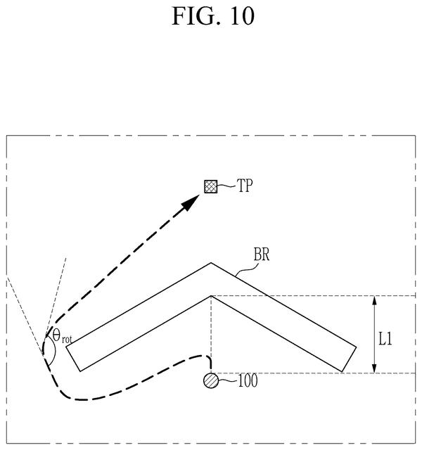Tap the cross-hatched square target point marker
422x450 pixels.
click(x=211, y=186)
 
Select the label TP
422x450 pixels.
click(x=245, y=186)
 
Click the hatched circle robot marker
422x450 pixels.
click(x=211, y=380)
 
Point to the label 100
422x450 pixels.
click(x=248, y=381)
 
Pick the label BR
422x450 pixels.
click(x=262, y=255)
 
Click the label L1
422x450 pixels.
click(x=385, y=339)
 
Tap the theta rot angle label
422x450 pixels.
click(x=62, y=336)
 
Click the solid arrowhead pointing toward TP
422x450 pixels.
click(x=191, y=202)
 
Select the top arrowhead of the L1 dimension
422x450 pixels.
click(x=374, y=300)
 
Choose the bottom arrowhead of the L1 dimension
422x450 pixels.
click(x=374, y=368)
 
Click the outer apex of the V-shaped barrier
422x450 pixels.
click(x=211, y=263)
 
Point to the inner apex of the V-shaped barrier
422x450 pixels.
click(x=211, y=296)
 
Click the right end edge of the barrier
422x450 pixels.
click(x=349, y=359)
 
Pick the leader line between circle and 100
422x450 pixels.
click(x=228, y=381)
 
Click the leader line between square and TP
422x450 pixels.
click(x=226, y=186)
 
